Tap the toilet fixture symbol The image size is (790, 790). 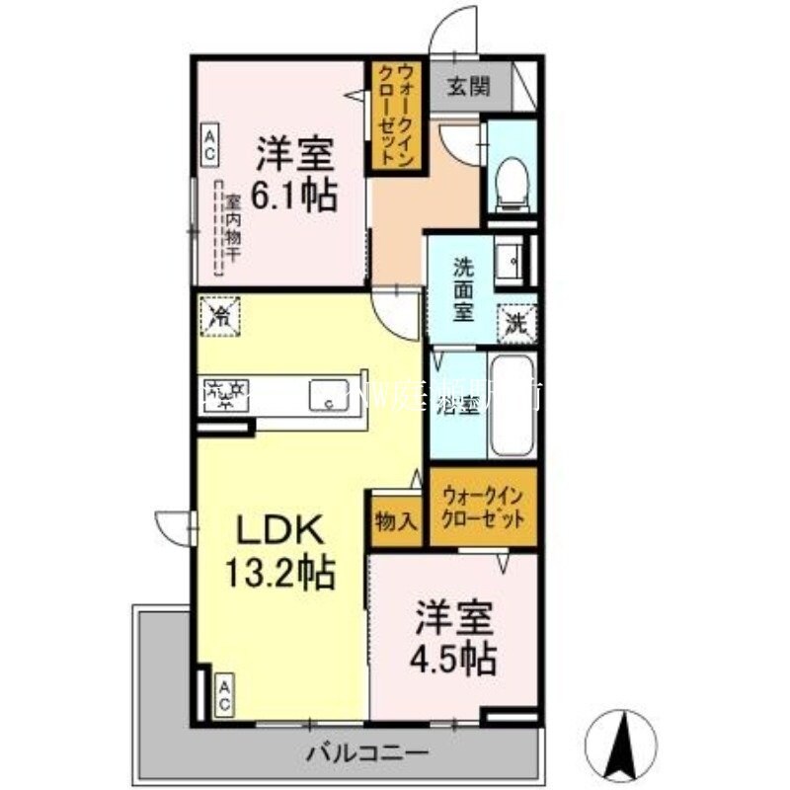coord(511,183)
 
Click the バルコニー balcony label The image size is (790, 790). coord(367,753)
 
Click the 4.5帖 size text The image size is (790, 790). coord(454,657)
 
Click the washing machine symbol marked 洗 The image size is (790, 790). coord(516,319)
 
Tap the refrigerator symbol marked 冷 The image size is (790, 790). coord(221,316)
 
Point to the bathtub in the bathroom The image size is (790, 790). coord(513,406)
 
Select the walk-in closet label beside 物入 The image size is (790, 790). coord(483,508)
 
